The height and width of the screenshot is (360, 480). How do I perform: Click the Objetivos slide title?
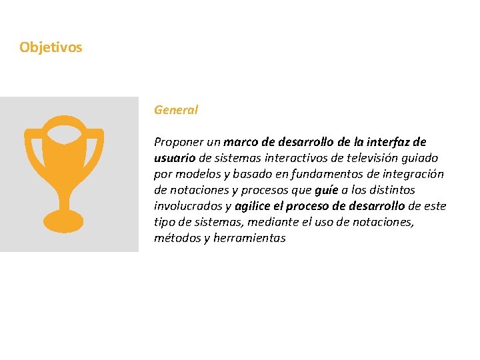click(x=51, y=47)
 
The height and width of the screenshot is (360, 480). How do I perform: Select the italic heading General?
click(x=176, y=110)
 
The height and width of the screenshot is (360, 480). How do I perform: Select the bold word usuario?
click(x=175, y=158)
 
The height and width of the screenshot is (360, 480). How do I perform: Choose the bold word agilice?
click(x=254, y=206)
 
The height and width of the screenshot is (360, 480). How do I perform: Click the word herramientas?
click(x=249, y=238)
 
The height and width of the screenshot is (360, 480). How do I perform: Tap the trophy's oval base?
click(x=63, y=221)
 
